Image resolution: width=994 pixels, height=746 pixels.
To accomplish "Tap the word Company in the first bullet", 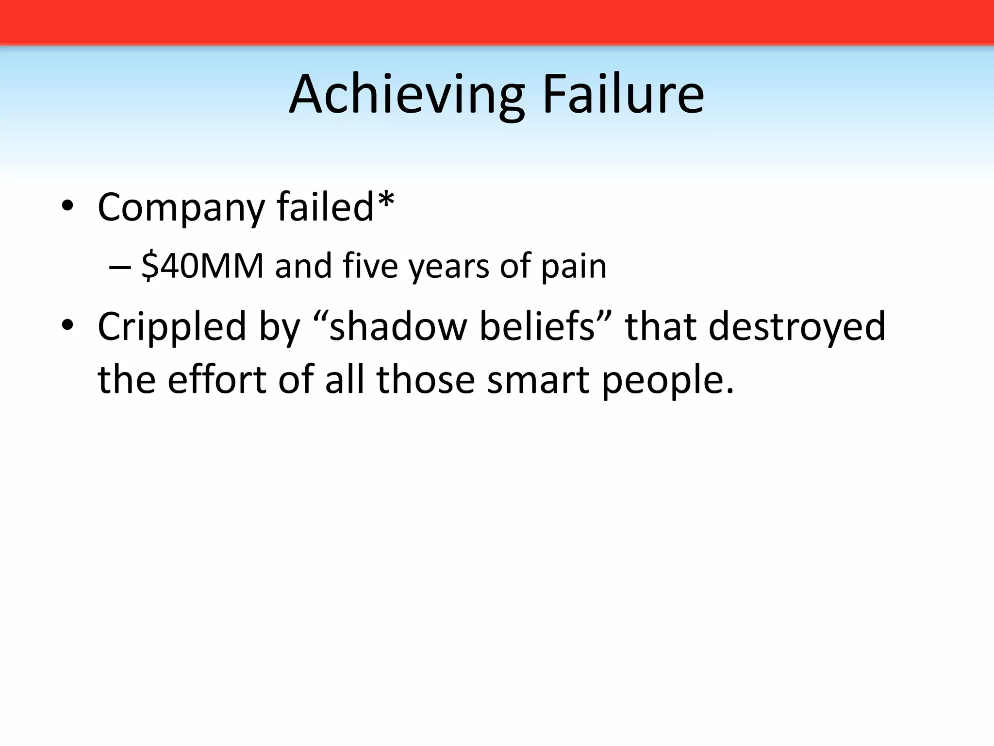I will click(x=181, y=208).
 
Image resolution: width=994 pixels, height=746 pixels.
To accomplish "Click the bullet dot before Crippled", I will click(x=67, y=325).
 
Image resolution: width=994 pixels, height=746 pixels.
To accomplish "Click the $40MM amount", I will click(x=202, y=266).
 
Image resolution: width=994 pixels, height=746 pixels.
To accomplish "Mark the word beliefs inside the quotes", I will click(x=537, y=326).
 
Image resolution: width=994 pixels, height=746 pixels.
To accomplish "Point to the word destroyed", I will click(x=797, y=326).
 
